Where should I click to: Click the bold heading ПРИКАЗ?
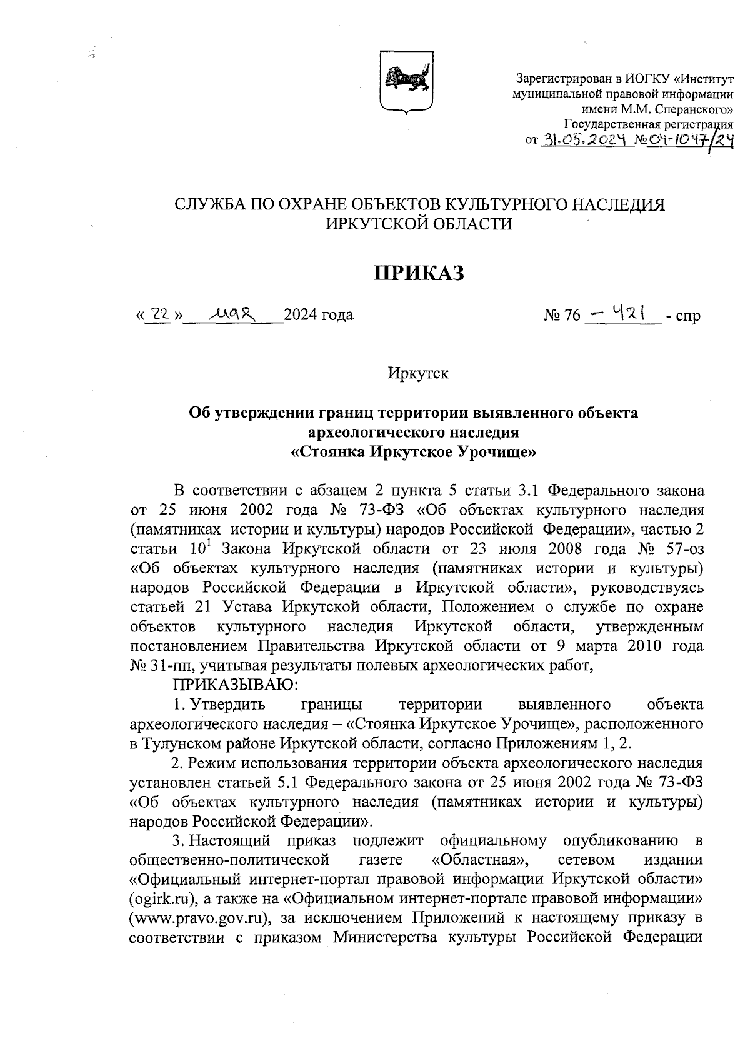tap(419, 273)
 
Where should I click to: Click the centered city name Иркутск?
tap(418, 374)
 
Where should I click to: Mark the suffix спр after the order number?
tap(688, 316)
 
